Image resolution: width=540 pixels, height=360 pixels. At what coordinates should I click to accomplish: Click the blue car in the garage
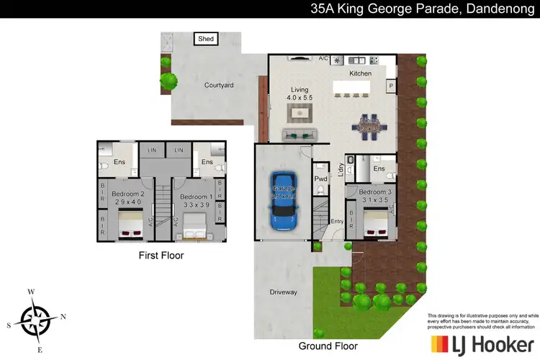tap(282, 202)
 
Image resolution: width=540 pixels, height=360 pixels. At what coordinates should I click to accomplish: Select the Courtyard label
tap(218, 85)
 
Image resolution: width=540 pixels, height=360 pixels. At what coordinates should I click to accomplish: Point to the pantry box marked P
tap(390, 85)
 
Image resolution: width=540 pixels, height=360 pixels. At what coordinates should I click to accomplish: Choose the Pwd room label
tap(321, 178)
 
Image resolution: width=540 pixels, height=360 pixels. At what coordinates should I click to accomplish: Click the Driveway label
tap(283, 292)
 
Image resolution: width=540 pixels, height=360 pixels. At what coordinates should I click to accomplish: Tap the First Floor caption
tap(161, 255)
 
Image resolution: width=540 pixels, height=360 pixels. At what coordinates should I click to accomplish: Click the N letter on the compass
tap(63, 316)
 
